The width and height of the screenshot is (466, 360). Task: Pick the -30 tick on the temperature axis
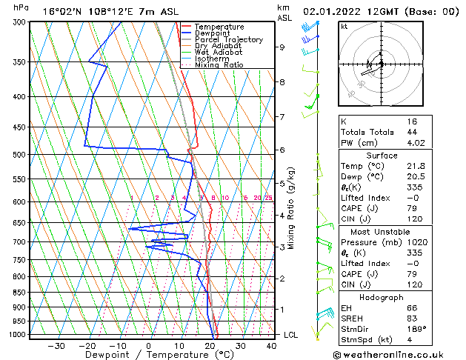tap(56, 345)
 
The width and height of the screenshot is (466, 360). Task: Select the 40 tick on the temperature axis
tap(271, 345)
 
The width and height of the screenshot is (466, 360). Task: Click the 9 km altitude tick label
tap(282, 47)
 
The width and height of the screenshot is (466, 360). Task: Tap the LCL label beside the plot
tap(291, 335)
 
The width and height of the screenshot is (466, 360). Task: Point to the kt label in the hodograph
tap(344, 27)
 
